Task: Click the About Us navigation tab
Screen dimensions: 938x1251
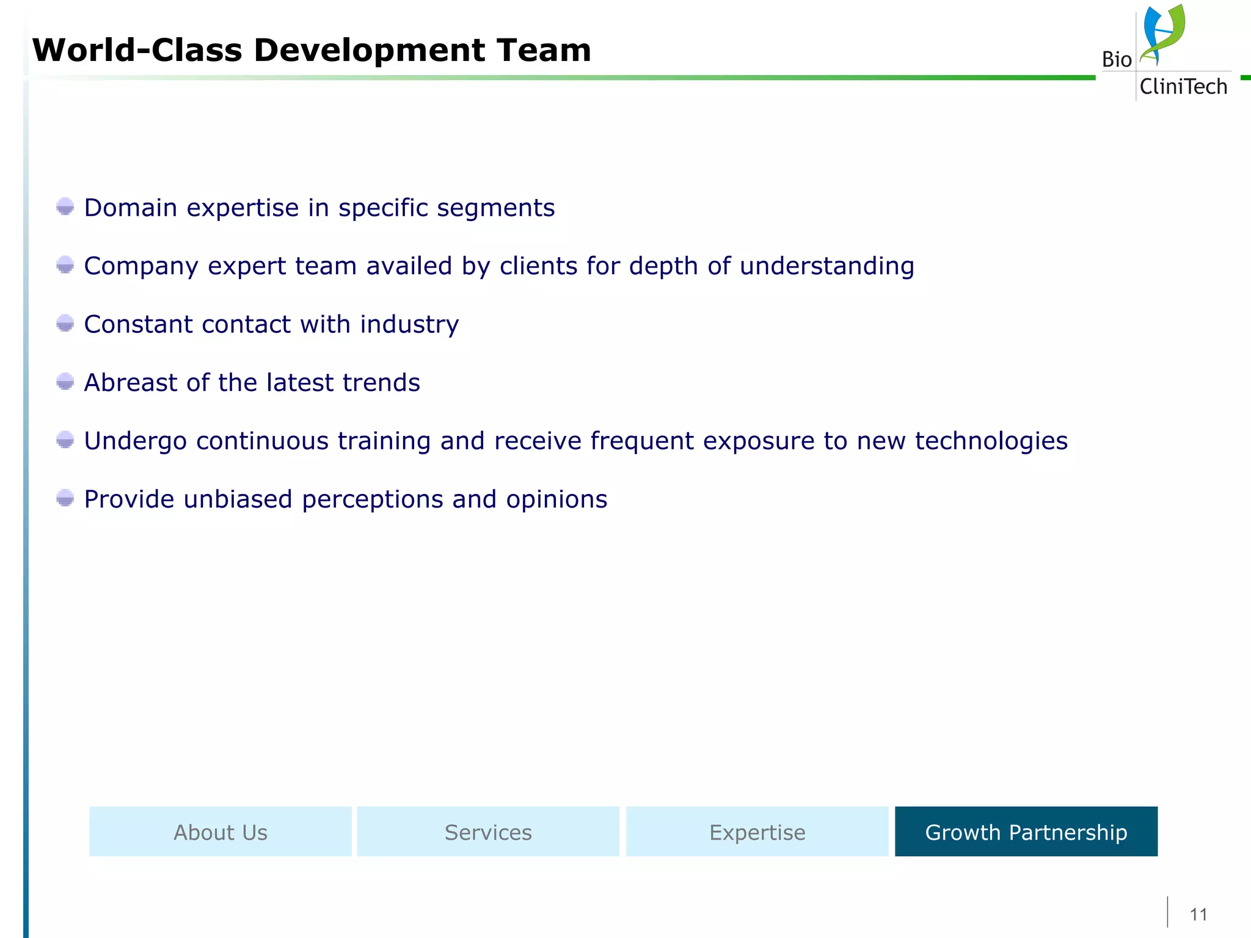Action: click(221, 832)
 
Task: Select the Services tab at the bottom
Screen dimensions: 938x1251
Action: click(488, 832)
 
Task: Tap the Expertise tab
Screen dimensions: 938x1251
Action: click(757, 832)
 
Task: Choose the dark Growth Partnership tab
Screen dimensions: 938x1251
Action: click(1026, 832)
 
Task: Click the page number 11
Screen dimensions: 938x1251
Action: click(1198, 914)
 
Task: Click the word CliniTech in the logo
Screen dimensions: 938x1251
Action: click(1183, 87)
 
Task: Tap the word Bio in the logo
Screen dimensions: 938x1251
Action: click(1117, 60)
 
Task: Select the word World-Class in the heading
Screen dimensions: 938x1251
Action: click(137, 50)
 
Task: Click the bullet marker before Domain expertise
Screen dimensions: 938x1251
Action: click(65, 206)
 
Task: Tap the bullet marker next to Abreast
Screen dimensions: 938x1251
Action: click(65, 382)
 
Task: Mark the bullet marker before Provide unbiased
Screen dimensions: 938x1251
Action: click(65, 498)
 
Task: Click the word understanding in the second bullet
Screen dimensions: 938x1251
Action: click(826, 266)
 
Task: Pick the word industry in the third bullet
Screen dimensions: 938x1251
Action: click(409, 324)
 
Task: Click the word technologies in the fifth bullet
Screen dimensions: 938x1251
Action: click(991, 441)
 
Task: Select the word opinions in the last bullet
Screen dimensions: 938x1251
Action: click(556, 500)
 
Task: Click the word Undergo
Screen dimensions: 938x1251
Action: click(135, 441)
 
